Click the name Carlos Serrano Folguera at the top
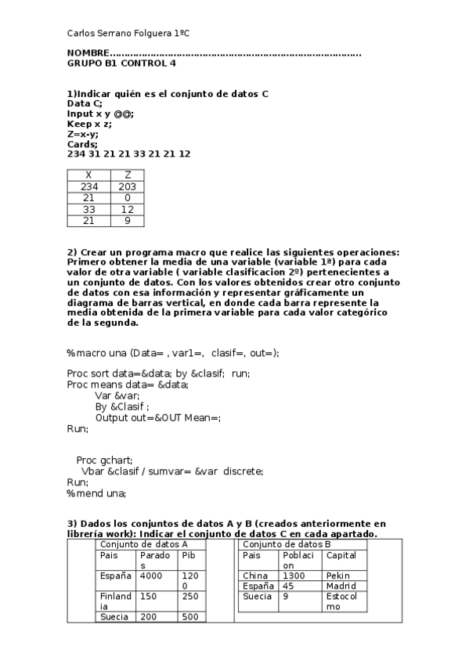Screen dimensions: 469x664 coord(128,34)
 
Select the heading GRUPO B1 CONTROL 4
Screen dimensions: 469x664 coord(121,63)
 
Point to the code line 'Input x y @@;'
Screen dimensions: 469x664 coord(100,114)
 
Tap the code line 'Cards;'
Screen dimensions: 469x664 coord(82,144)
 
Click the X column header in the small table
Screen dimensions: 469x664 coord(88,175)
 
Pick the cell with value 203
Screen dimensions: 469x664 coord(127,187)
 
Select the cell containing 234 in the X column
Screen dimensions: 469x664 coord(88,187)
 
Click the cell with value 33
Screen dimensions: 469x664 coord(88,210)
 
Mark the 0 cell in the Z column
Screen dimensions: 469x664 coord(127,199)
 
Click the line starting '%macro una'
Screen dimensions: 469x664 coord(172,353)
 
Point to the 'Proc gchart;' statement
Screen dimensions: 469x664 coord(105,460)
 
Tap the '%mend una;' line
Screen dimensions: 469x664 coord(96,493)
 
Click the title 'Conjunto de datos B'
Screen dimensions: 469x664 coord(287,544)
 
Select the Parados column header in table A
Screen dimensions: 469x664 coord(155,560)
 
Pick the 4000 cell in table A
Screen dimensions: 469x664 coord(152,576)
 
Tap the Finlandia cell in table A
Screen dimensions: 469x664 coord(116,601)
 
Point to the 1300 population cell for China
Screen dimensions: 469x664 coord(294,576)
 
